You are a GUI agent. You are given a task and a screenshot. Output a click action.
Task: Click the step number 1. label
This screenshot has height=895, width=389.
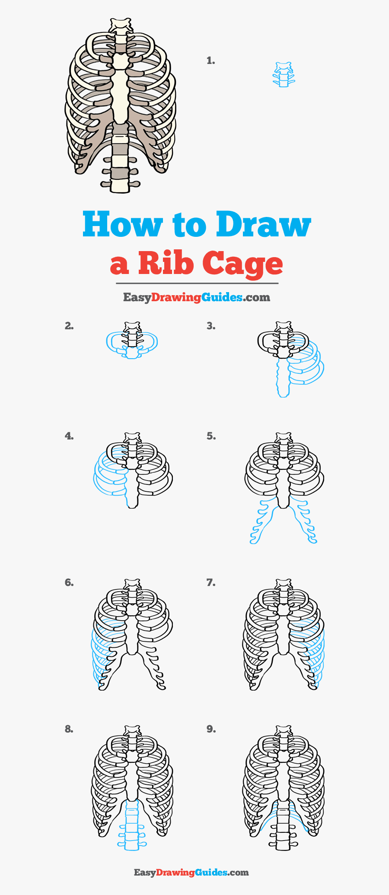point(210,61)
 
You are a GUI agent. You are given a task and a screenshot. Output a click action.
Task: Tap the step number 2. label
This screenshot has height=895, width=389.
point(69,326)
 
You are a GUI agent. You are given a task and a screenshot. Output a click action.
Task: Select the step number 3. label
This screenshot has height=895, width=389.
point(210,326)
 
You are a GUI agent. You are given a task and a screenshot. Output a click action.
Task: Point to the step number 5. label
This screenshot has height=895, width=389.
point(210,436)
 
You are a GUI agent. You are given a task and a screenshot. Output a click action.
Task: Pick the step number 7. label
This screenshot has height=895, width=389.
point(210,583)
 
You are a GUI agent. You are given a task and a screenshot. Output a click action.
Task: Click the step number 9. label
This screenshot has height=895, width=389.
point(210,729)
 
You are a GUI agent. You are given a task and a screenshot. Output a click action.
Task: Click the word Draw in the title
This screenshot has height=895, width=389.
point(263,225)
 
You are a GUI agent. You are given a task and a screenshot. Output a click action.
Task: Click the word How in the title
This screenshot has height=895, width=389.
point(122,225)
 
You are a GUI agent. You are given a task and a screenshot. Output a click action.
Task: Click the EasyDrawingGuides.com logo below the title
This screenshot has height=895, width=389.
point(197,297)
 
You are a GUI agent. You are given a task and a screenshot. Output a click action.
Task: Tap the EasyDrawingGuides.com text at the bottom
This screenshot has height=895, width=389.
point(191,872)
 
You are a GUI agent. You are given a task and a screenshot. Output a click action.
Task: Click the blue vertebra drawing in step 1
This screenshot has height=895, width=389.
point(284,75)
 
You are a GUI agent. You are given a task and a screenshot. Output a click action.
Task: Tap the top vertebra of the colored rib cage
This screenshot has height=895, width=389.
point(121,26)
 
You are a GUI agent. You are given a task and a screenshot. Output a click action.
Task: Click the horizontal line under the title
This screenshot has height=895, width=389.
point(197,283)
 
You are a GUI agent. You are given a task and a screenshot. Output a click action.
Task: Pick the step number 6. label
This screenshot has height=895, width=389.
point(69,583)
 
